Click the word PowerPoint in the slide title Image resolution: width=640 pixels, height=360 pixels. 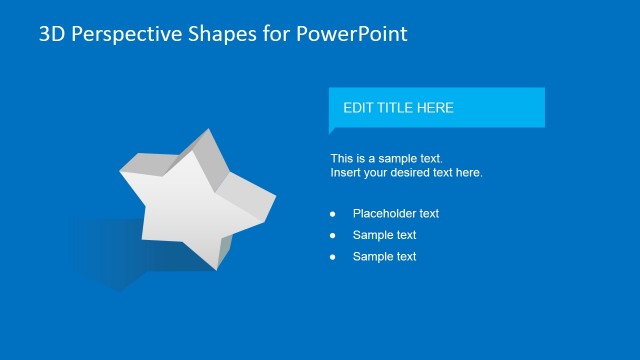tap(351, 34)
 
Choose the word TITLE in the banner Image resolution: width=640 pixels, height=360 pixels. tap(397, 108)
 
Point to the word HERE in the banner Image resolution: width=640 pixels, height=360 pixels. tap(436, 108)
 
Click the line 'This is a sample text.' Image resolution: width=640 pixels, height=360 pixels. tap(386, 158)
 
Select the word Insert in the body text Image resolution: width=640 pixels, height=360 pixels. tap(346, 172)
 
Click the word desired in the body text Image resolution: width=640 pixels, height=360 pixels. tap(417, 172)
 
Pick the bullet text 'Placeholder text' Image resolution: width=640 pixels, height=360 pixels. tap(396, 213)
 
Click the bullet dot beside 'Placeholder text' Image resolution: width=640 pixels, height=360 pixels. tap(333, 214)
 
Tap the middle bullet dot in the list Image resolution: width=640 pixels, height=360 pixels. tap(333, 236)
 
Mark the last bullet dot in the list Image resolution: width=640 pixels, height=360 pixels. tap(333, 258)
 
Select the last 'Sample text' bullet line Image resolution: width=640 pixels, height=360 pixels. tap(384, 257)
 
